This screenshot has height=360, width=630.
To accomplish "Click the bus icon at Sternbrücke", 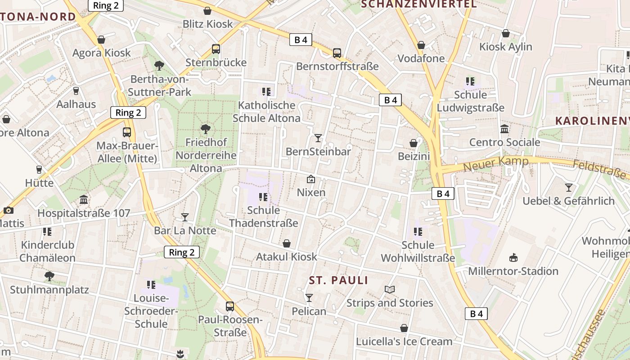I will coord(216,49).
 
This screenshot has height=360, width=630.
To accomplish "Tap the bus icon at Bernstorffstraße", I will coord(337,53).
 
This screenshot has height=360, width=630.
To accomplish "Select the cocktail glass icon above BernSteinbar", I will coord(318,138).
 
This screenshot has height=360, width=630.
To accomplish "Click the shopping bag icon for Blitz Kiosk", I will coord(207,11).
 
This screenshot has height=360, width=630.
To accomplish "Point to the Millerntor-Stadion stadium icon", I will coord(513,257).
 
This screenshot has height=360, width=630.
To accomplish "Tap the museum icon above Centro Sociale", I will coord(504,129).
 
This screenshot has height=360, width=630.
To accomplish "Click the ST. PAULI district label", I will coord(338,280).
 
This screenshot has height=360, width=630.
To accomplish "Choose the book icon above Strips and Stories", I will coord(390,289).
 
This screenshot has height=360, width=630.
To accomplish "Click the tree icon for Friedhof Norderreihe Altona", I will coord(206,129).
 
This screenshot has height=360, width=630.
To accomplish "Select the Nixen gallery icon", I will coord(310,179).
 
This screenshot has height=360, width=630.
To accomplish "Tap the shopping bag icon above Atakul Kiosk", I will coord(287,243).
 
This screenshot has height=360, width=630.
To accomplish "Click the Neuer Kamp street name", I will coord(495,164).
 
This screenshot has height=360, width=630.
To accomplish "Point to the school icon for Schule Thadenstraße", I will coord(263,197).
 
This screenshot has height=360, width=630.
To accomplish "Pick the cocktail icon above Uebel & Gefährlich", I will coord(569,188).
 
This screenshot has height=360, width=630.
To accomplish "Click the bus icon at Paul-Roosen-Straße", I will coord(230,306).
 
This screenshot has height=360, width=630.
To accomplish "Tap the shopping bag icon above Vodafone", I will coord(421,45).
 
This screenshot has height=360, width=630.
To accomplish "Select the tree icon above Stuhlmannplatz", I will coord(49,276).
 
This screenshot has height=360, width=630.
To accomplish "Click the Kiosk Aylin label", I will coord(505,47).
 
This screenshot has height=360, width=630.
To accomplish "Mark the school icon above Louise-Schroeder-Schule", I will coord(151,285).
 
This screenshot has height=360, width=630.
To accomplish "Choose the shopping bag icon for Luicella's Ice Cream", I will coord(404,328).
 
